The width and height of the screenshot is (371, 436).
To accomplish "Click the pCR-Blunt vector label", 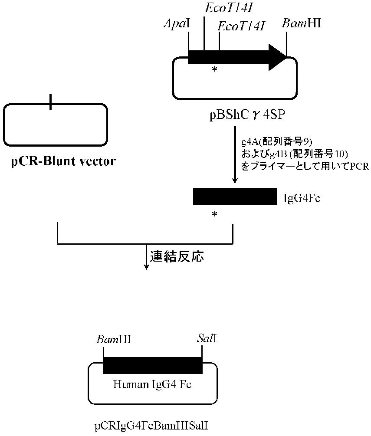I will [x=63, y=162].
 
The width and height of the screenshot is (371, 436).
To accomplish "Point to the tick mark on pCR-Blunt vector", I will [x=51, y=102].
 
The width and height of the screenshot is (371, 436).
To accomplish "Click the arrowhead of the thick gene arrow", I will [x=277, y=57].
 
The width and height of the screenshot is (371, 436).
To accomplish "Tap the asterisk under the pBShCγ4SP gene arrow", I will [x=214, y=69].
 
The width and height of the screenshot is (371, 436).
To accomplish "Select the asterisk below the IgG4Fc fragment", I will [x=214, y=215].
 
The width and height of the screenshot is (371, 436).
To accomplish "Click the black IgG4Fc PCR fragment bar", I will [x=235, y=197].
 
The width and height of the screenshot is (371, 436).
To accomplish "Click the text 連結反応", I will [x=177, y=256].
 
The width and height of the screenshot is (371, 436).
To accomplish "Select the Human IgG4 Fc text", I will [x=152, y=384].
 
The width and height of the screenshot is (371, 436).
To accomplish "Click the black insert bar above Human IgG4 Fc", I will [x=153, y=365].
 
